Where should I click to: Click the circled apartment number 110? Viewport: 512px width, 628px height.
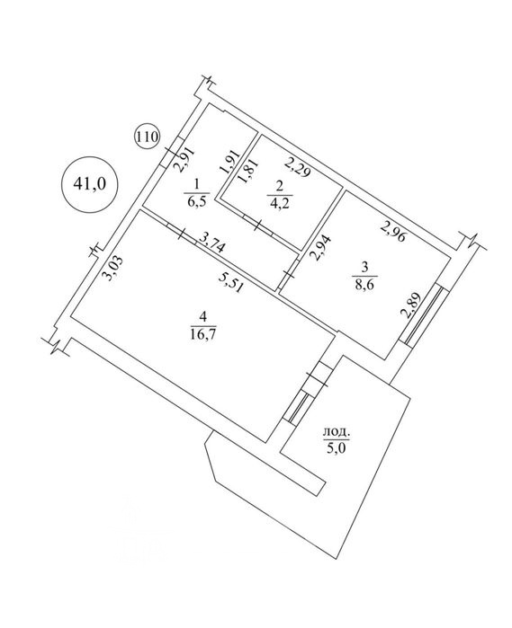pyautogui.click(x=148, y=137)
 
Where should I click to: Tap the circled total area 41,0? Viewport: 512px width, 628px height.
pyautogui.click(x=89, y=184)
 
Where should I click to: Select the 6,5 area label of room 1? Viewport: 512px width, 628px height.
pyautogui.click(x=197, y=200)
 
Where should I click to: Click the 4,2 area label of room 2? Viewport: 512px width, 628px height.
pyautogui.click(x=280, y=203)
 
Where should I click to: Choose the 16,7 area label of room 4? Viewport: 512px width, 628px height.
pyautogui.click(x=203, y=333)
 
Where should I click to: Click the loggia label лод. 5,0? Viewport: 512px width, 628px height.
pyautogui.click(x=337, y=439)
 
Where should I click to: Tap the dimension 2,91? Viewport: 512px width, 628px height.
pyautogui.click(x=185, y=159)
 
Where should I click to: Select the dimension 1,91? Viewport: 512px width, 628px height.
pyautogui.click(x=230, y=162)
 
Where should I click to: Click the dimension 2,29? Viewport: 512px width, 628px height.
pyautogui.click(x=297, y=167)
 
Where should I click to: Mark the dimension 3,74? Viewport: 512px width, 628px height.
pyautogui.click(x=211, y=243)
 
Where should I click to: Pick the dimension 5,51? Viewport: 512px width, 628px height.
pyautogui.click(x=230, y=284)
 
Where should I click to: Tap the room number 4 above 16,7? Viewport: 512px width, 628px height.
pyautogui.click(x=203, y=317)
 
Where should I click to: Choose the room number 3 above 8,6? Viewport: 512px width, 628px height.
pyautogui.click(x=364, y=266)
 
